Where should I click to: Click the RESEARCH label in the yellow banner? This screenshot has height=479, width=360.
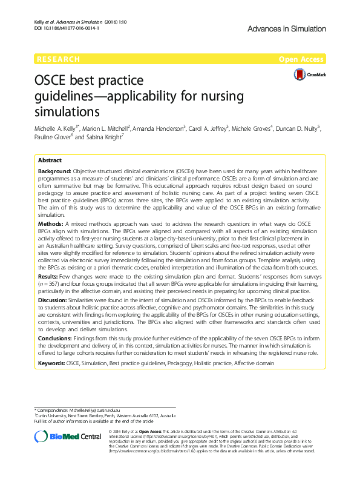pyautogui.click(x=58, y=59)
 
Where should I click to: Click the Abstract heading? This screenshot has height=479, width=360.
pyautogui.click(x=50, y=161)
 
